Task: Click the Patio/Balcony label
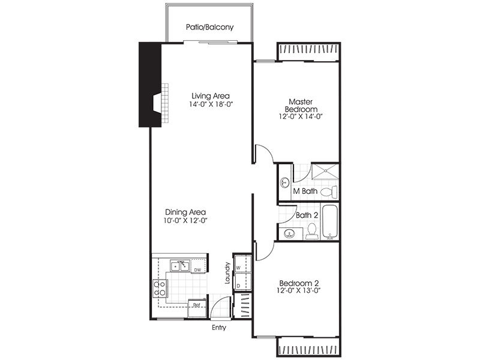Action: pyautogui.click(x=209, y=27)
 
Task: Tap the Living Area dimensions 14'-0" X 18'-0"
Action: pyautogui.click(x=211, y=104)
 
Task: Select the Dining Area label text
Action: pyautogui.click(x=185, y=212)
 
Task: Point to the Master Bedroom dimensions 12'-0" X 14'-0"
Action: pyautogui.click(x=301, y=116)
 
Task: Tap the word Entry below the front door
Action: pyautogui.click(x=219, y=328)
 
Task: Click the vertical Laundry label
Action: pyautogui.click(x=227, y=273)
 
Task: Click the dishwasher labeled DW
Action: pyautogui.click(x=198, y=266)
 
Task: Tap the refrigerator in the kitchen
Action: pyautogui.click(x=197, y=308)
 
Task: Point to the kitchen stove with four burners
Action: pyautogui.click(x=160, y=289)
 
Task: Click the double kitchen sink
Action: pyautogui.click(x=180, y=266)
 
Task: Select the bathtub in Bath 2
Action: pyautogui.click(x=330, y=222)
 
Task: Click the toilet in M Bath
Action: pyautogui.click(x=328, y=192)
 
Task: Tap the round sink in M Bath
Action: pyautogui.click(x=284, y=183)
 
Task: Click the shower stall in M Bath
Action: pyautogui.click(x=325, y=171)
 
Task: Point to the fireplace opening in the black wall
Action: pyautogui.click(x=157, y=103)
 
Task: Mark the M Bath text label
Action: pyautogui.click(x=305, y=191)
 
